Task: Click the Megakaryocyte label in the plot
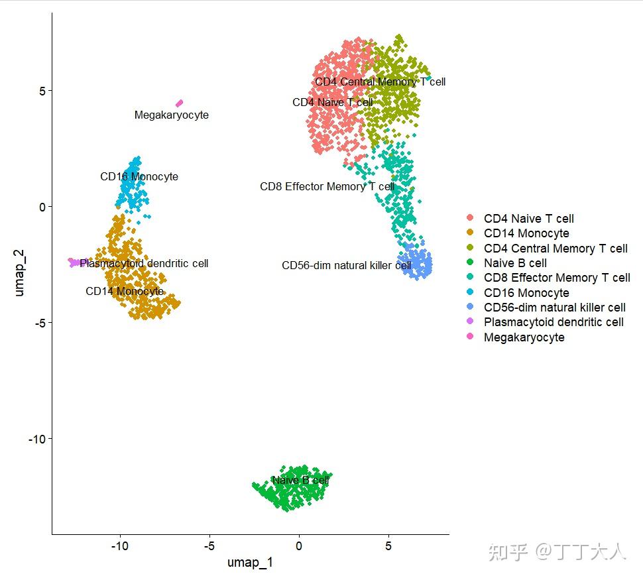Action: point(171,115)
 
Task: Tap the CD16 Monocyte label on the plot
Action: point(139,177)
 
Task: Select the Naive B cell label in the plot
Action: point(300,480)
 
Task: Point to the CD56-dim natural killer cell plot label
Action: point(347,265)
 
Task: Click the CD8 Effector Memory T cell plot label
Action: point(327,187)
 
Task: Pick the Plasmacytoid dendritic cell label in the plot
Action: point(144,263)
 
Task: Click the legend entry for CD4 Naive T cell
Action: point(528,219)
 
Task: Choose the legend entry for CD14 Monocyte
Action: point(526,233)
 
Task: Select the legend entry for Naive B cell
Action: point(515,263)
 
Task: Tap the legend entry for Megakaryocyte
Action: point(524,337)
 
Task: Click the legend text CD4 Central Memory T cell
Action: point(555,249)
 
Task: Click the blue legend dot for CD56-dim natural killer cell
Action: point(471,308)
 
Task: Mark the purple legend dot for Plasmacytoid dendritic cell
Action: point(471,322)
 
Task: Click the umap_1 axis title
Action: point(250,563)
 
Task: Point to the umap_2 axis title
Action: point(20,273)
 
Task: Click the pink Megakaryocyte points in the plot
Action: point(179,103)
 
